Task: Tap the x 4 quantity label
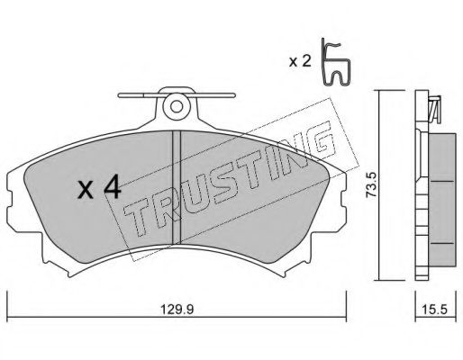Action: [99, 188]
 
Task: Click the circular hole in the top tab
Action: [177, 105]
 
